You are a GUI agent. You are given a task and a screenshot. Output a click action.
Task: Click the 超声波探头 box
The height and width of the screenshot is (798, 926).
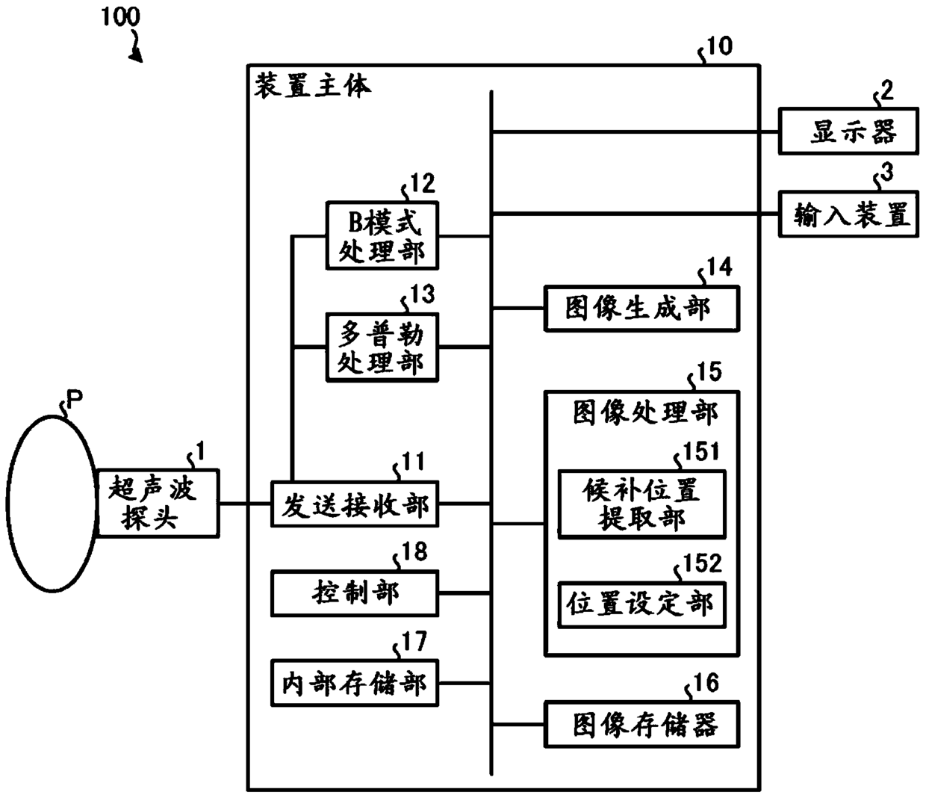pyautogui.click(x=158, y=503)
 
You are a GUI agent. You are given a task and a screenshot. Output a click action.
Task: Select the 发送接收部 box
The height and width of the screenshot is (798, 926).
pyautogui.click(x=355, y=504)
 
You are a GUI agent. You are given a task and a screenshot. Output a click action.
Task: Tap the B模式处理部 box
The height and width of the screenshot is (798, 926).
pyautogui.click(x=382, y=235)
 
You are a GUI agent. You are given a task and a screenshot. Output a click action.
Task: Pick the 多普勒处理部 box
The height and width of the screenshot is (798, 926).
pyautogui.click(x=382, y=347)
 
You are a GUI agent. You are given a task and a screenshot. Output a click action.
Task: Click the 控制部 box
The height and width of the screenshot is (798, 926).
pyautogui.click(x=355, y=593)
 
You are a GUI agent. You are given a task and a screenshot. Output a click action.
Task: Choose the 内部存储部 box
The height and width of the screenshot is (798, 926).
pyautogui.click(x=355, y=683)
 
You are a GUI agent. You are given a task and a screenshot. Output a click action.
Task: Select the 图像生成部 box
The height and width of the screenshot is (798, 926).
pyautogui.click(x=641, y=309)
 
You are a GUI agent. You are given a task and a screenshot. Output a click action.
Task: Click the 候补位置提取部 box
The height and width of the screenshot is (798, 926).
pyautogui.click(x=641, y=504)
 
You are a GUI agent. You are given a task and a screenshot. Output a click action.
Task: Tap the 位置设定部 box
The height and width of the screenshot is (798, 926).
pyautogui.click(x=641, y=604)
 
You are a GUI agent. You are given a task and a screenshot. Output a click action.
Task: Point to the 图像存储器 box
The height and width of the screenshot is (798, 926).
pyautogui.click(x=641, y=725)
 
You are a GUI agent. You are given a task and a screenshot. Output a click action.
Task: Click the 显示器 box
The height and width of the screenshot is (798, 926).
pyautogui.click(x=848, y=131)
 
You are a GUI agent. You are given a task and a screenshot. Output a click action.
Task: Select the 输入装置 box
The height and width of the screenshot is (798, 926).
pyautogui.click(x=848, y=214)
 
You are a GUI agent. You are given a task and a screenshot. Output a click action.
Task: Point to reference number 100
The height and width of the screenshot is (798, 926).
pyautogui.click(x=120, y=17)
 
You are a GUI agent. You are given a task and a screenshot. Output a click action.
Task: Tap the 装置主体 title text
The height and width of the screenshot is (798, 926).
pyautogui.click(x=313, y=86)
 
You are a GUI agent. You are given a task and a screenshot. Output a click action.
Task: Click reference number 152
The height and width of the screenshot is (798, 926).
pyautogui.click(x=702, y=563)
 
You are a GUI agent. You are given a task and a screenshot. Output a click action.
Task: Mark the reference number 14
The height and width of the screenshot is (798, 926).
pyautogui.click(x=719, y=266)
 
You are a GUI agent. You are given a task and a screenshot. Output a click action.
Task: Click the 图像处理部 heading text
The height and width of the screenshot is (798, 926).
pyautogui.click(x=645, y=412)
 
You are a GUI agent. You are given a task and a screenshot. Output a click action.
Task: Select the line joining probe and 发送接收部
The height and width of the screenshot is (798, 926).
pyautogui.click(x=245, y=504)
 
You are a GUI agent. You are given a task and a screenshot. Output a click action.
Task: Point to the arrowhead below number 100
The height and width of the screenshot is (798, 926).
pyautogui.click(x=137, y=55)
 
